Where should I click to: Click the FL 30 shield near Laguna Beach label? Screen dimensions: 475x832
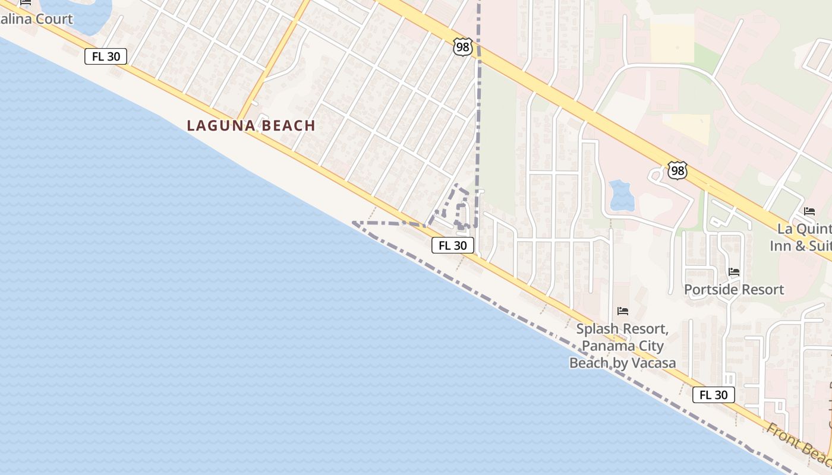coord(106,57)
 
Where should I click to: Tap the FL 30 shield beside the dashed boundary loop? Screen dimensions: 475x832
coord(452,245)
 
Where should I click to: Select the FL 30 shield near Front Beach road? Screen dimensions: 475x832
coord(713,395)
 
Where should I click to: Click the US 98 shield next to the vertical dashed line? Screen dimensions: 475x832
coord(462,47)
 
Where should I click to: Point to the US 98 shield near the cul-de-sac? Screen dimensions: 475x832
coord(677,171)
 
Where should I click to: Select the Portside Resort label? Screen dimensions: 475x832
coord(734,290)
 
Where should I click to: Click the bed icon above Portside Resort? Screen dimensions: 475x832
coord(734,272)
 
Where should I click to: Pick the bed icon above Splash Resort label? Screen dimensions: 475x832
coord(623,311)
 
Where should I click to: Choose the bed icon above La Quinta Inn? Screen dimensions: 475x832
coord(809,211)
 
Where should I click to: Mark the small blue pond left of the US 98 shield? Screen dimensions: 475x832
coord(622,195)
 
